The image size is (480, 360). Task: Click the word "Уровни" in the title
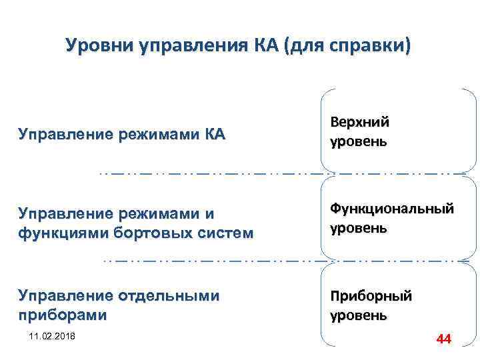click(100, 46)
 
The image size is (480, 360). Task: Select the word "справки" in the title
click(375, 46)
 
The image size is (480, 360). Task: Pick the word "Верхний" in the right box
click(359, 122)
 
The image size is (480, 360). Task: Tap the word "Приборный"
click(371, 295)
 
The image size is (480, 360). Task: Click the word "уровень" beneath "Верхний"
click(358, 142)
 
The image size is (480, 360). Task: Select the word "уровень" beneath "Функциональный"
click(358, 228)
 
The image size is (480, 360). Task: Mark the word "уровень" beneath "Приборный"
click(358, 315)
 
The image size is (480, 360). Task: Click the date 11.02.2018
click(52, 334)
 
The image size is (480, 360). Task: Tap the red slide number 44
click(443, 339)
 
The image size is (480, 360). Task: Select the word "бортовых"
click(153, 233)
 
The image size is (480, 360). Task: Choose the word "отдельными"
click(169, 295)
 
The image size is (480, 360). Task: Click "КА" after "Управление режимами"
click(213, 135)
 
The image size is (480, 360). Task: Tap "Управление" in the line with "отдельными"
click(66, 295)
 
